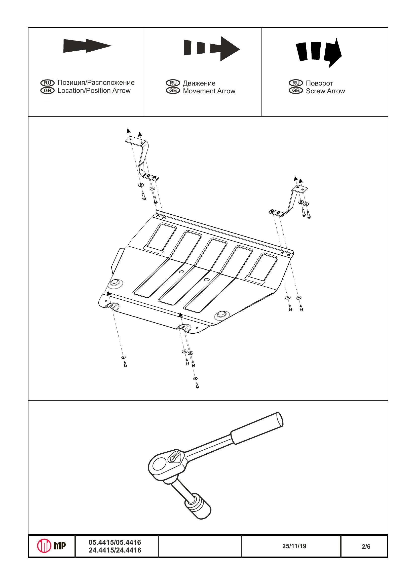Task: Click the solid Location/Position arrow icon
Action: click(87, 46)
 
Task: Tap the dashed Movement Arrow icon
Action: click(212, 48)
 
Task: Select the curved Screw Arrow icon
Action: click(319, 53)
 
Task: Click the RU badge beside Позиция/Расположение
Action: click(47, 83)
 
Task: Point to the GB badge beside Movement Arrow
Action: click(173, 91)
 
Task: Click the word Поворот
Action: click(319, 83)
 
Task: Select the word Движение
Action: click(199, 83)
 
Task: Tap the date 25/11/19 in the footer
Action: click(294, 546)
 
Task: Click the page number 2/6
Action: click(366, 546)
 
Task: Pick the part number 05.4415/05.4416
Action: click(115, 542)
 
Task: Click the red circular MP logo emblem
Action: click(44, 546)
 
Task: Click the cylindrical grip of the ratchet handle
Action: click(257, 428)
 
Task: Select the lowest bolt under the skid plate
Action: click(197, 385)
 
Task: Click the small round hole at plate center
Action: click(181, 271)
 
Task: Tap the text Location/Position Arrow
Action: click(94, 91)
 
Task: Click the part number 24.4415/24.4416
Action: click(115, 550)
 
